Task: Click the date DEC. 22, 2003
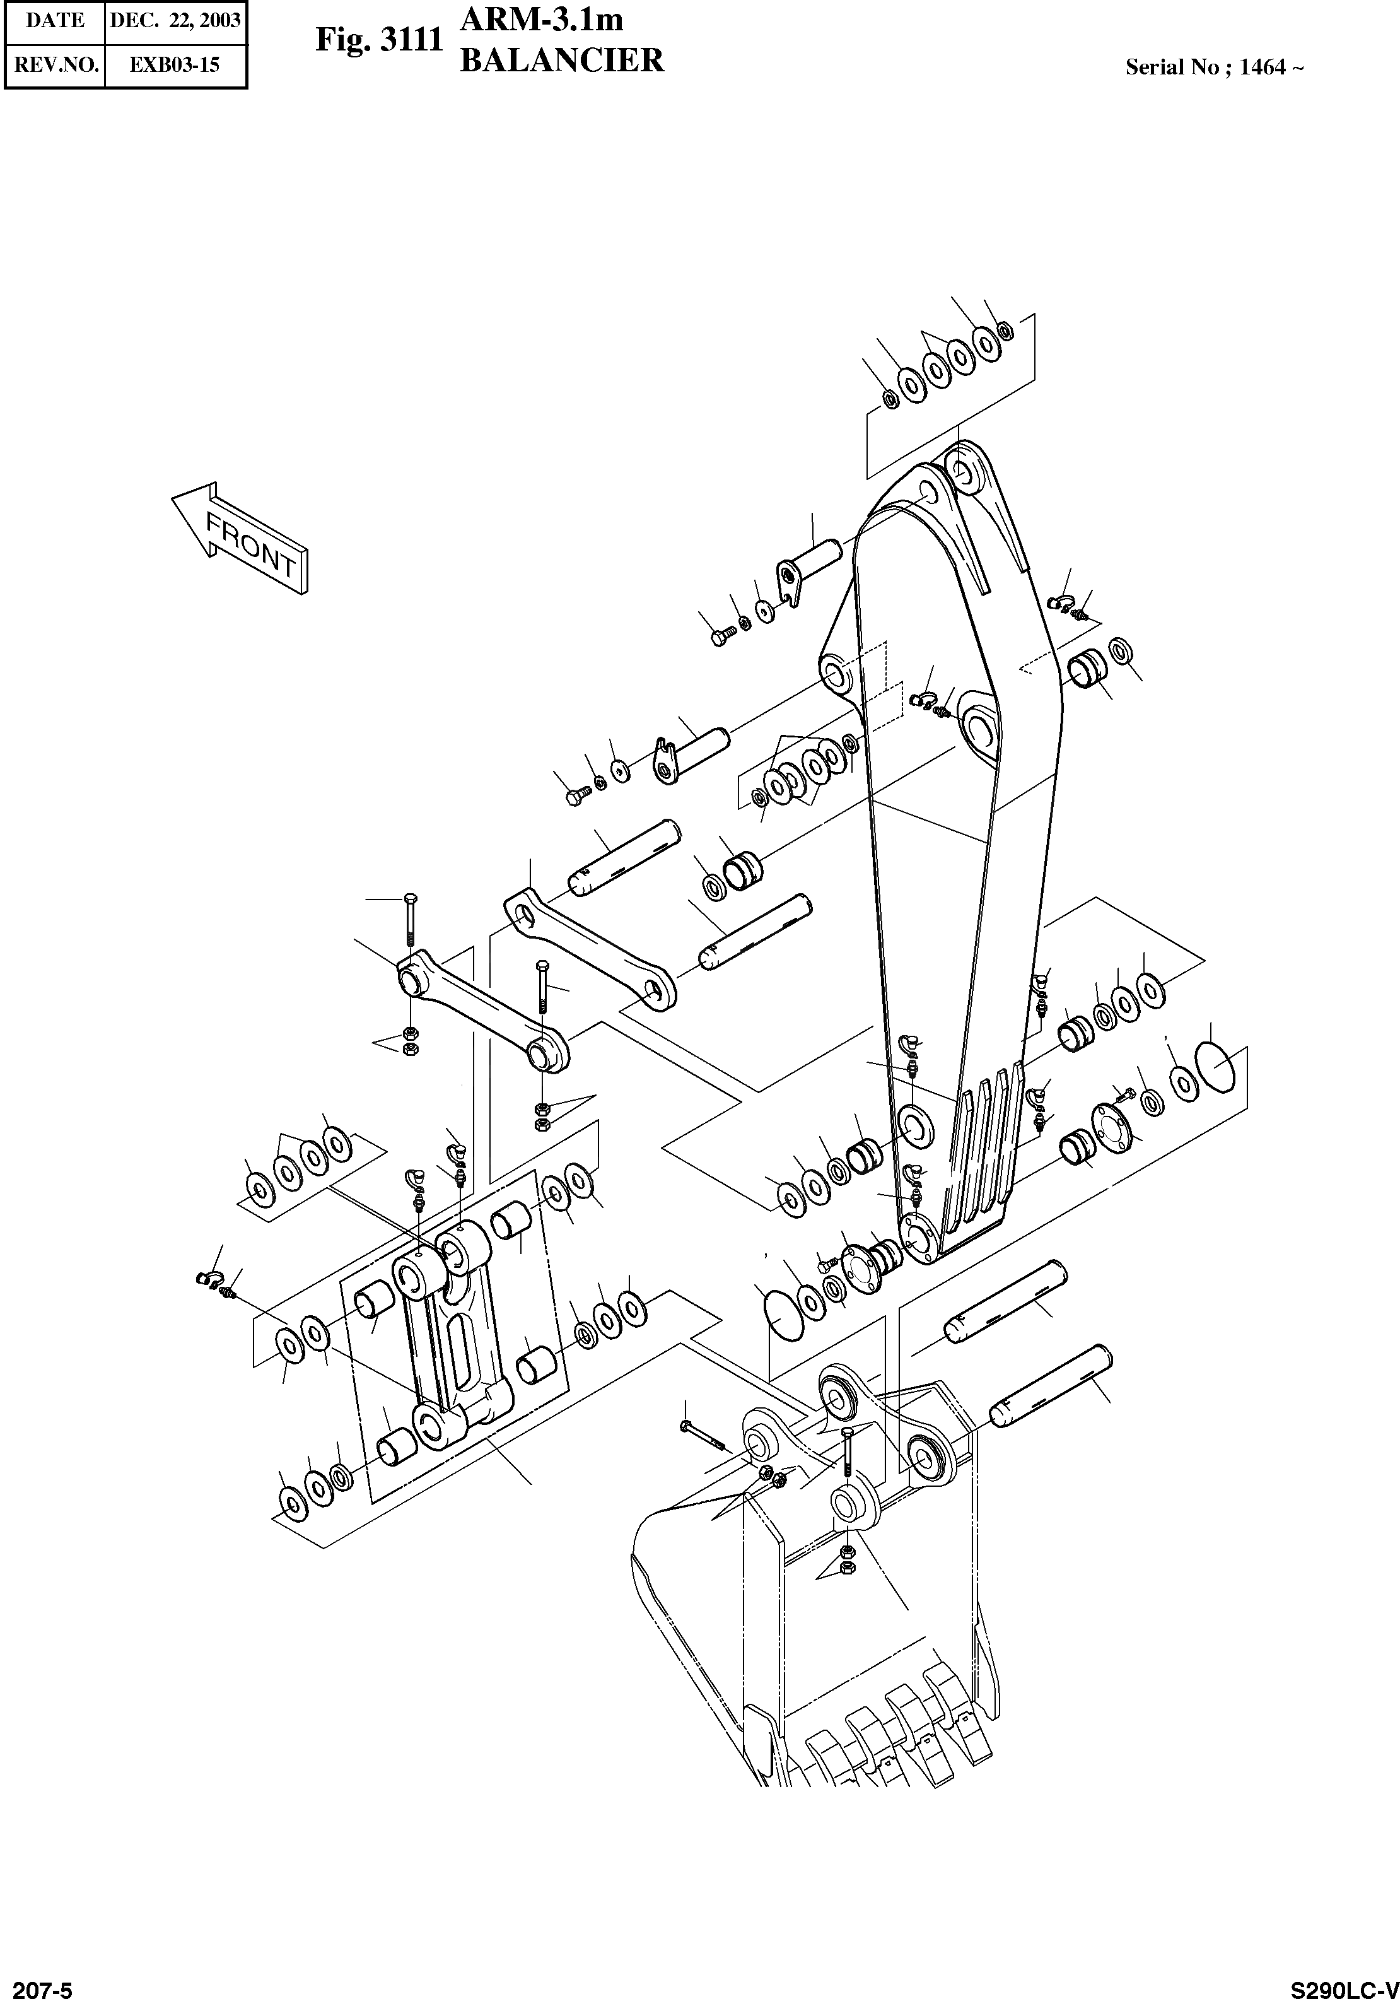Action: [x=175, y=21]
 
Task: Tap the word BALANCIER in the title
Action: [x=561, y=61]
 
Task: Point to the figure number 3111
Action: [x=412, y=40]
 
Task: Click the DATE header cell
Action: [x=54, y=21]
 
